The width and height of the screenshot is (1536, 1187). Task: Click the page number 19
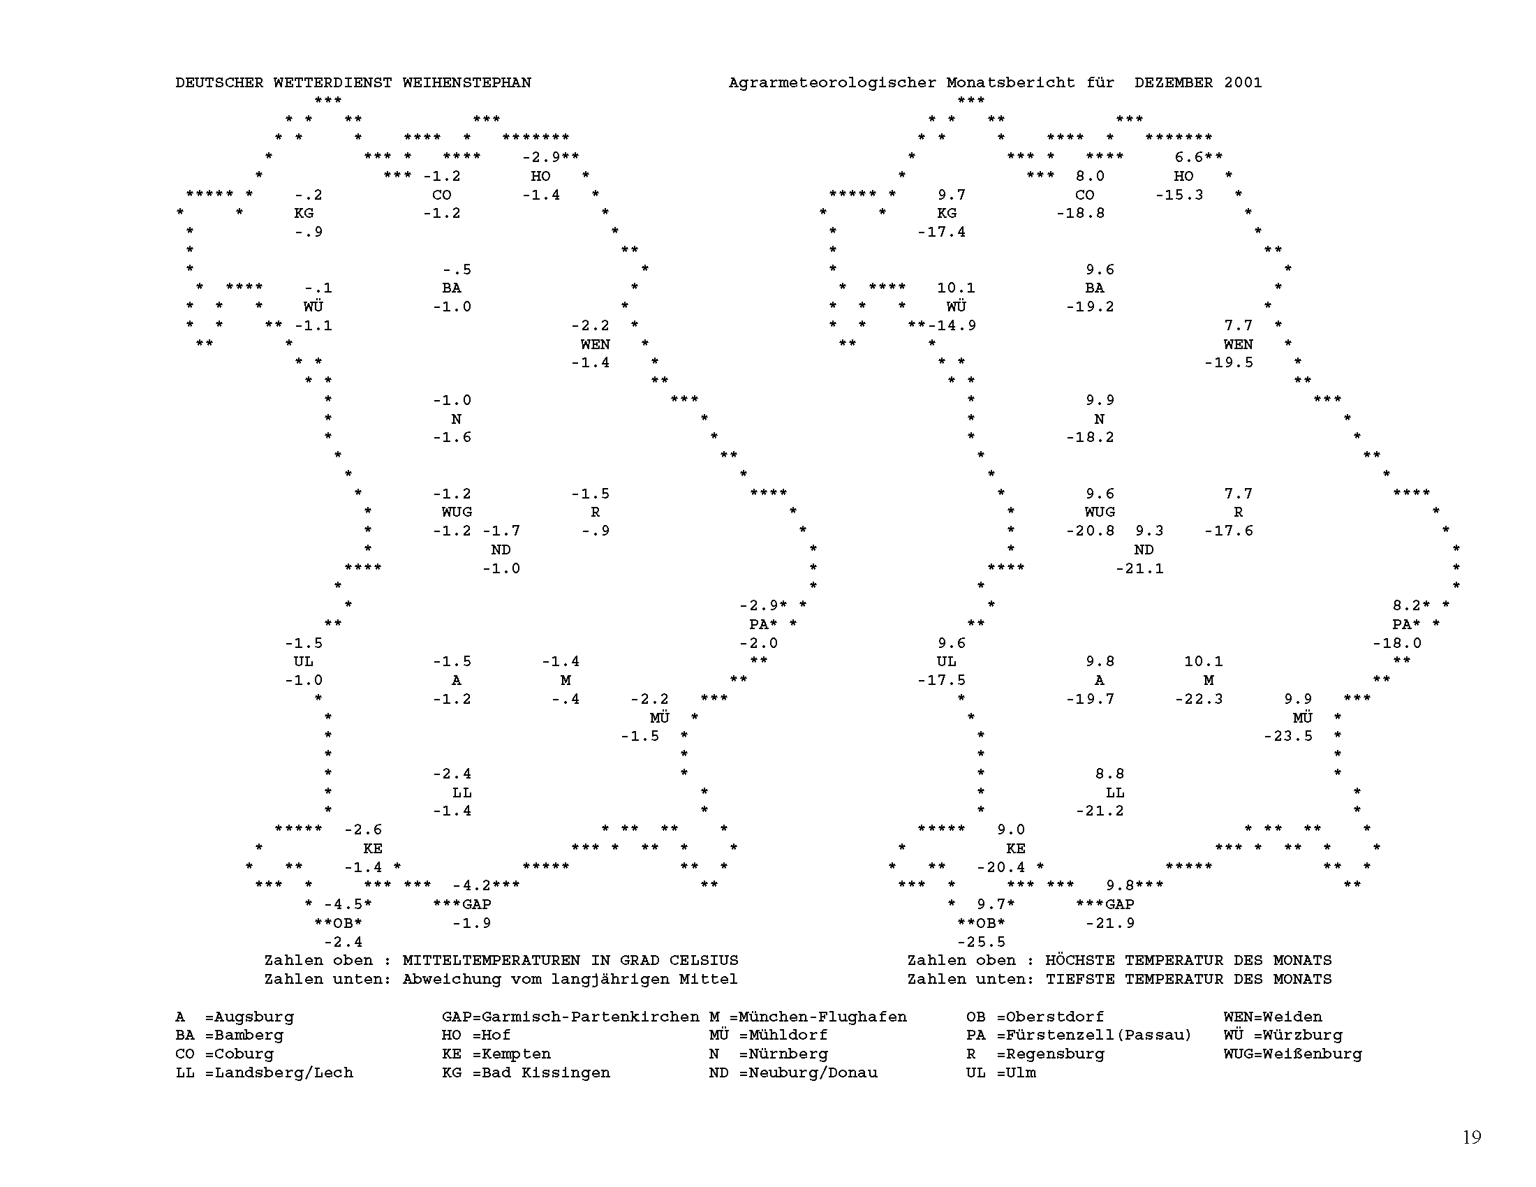tap(1471, 1137)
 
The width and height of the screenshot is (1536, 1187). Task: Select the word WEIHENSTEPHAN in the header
tap(466, 83)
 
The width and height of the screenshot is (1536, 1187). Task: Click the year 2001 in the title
tap(1243, 83)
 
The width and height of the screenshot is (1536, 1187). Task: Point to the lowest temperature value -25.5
tap(981, 942)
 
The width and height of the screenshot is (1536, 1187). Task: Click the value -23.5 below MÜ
tap(1287, 736)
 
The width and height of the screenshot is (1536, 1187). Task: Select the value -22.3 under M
tap(1198, 699)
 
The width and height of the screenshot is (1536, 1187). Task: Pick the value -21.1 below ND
tap(1139, 568)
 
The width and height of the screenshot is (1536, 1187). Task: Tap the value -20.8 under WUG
tap(1090, 531)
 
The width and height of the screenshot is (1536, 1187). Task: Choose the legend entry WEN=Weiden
tap(1272, 1017)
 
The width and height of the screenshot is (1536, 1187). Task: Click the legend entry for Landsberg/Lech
tap(264, 1072)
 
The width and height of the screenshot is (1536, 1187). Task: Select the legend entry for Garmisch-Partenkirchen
tap(570, 1017)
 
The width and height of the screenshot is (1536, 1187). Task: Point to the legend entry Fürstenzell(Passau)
tap(1079, 1035)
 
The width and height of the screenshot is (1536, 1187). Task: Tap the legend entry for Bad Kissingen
tap(525, 1072)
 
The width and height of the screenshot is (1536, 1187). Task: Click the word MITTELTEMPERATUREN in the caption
tap(491, 961)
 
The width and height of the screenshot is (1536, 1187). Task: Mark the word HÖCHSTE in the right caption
tap(1079, 961)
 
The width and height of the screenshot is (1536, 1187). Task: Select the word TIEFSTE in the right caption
tap(1079, 979)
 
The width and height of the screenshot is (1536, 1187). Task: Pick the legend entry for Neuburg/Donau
tap(792, 1072)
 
